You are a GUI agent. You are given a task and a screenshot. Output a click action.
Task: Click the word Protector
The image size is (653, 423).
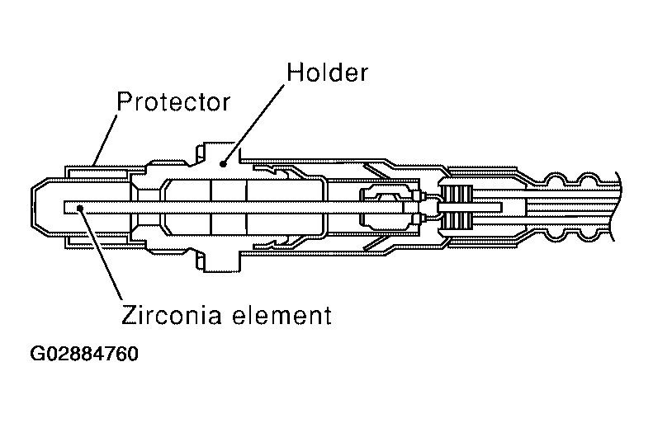click(x=173, y=102)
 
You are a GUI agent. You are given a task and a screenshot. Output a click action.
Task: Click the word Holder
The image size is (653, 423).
click(x=326, y=73)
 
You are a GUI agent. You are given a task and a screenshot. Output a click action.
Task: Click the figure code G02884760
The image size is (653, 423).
click(x=83, y=356)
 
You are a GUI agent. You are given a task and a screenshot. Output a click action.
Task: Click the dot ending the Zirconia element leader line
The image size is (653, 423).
click(x=80, y=208)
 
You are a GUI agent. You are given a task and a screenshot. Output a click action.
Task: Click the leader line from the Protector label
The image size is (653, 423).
click(x=105, y=136)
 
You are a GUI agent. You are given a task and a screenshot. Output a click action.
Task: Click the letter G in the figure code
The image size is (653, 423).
click(x=38, y=356)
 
